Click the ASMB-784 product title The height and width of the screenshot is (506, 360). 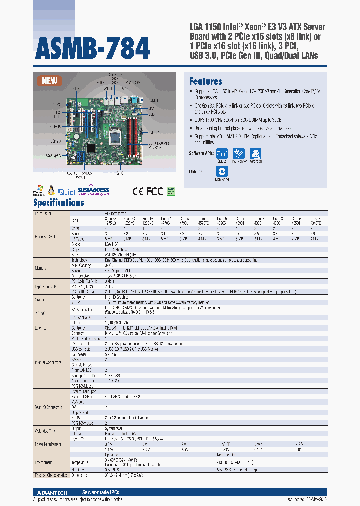coord(92,48)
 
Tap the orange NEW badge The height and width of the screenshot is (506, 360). coord(49,81)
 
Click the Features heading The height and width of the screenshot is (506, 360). coord(205,81)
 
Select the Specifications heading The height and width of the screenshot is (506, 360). coord(58,203)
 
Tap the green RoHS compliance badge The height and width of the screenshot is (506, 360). coord(171,190)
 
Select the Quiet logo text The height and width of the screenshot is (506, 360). coord(67,191)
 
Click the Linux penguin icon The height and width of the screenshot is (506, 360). coord(51,190)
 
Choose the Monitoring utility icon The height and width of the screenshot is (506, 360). coord(222,172)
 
